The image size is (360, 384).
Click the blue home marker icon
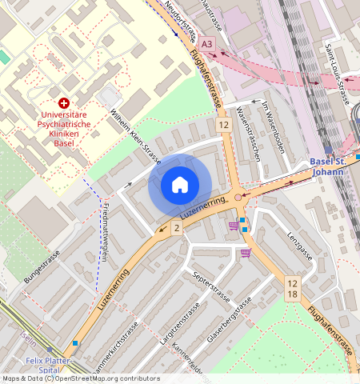coord(180,186)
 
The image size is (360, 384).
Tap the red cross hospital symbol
coord(64,103)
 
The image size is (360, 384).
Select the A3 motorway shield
coord(208,43)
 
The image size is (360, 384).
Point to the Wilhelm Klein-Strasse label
coord(135,137)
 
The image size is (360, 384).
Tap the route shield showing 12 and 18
coord(292,289)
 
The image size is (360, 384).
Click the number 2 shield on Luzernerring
coord(176,229)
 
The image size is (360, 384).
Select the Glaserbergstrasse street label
coord(230,320)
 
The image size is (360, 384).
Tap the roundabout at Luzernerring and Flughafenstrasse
coord(238,197)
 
